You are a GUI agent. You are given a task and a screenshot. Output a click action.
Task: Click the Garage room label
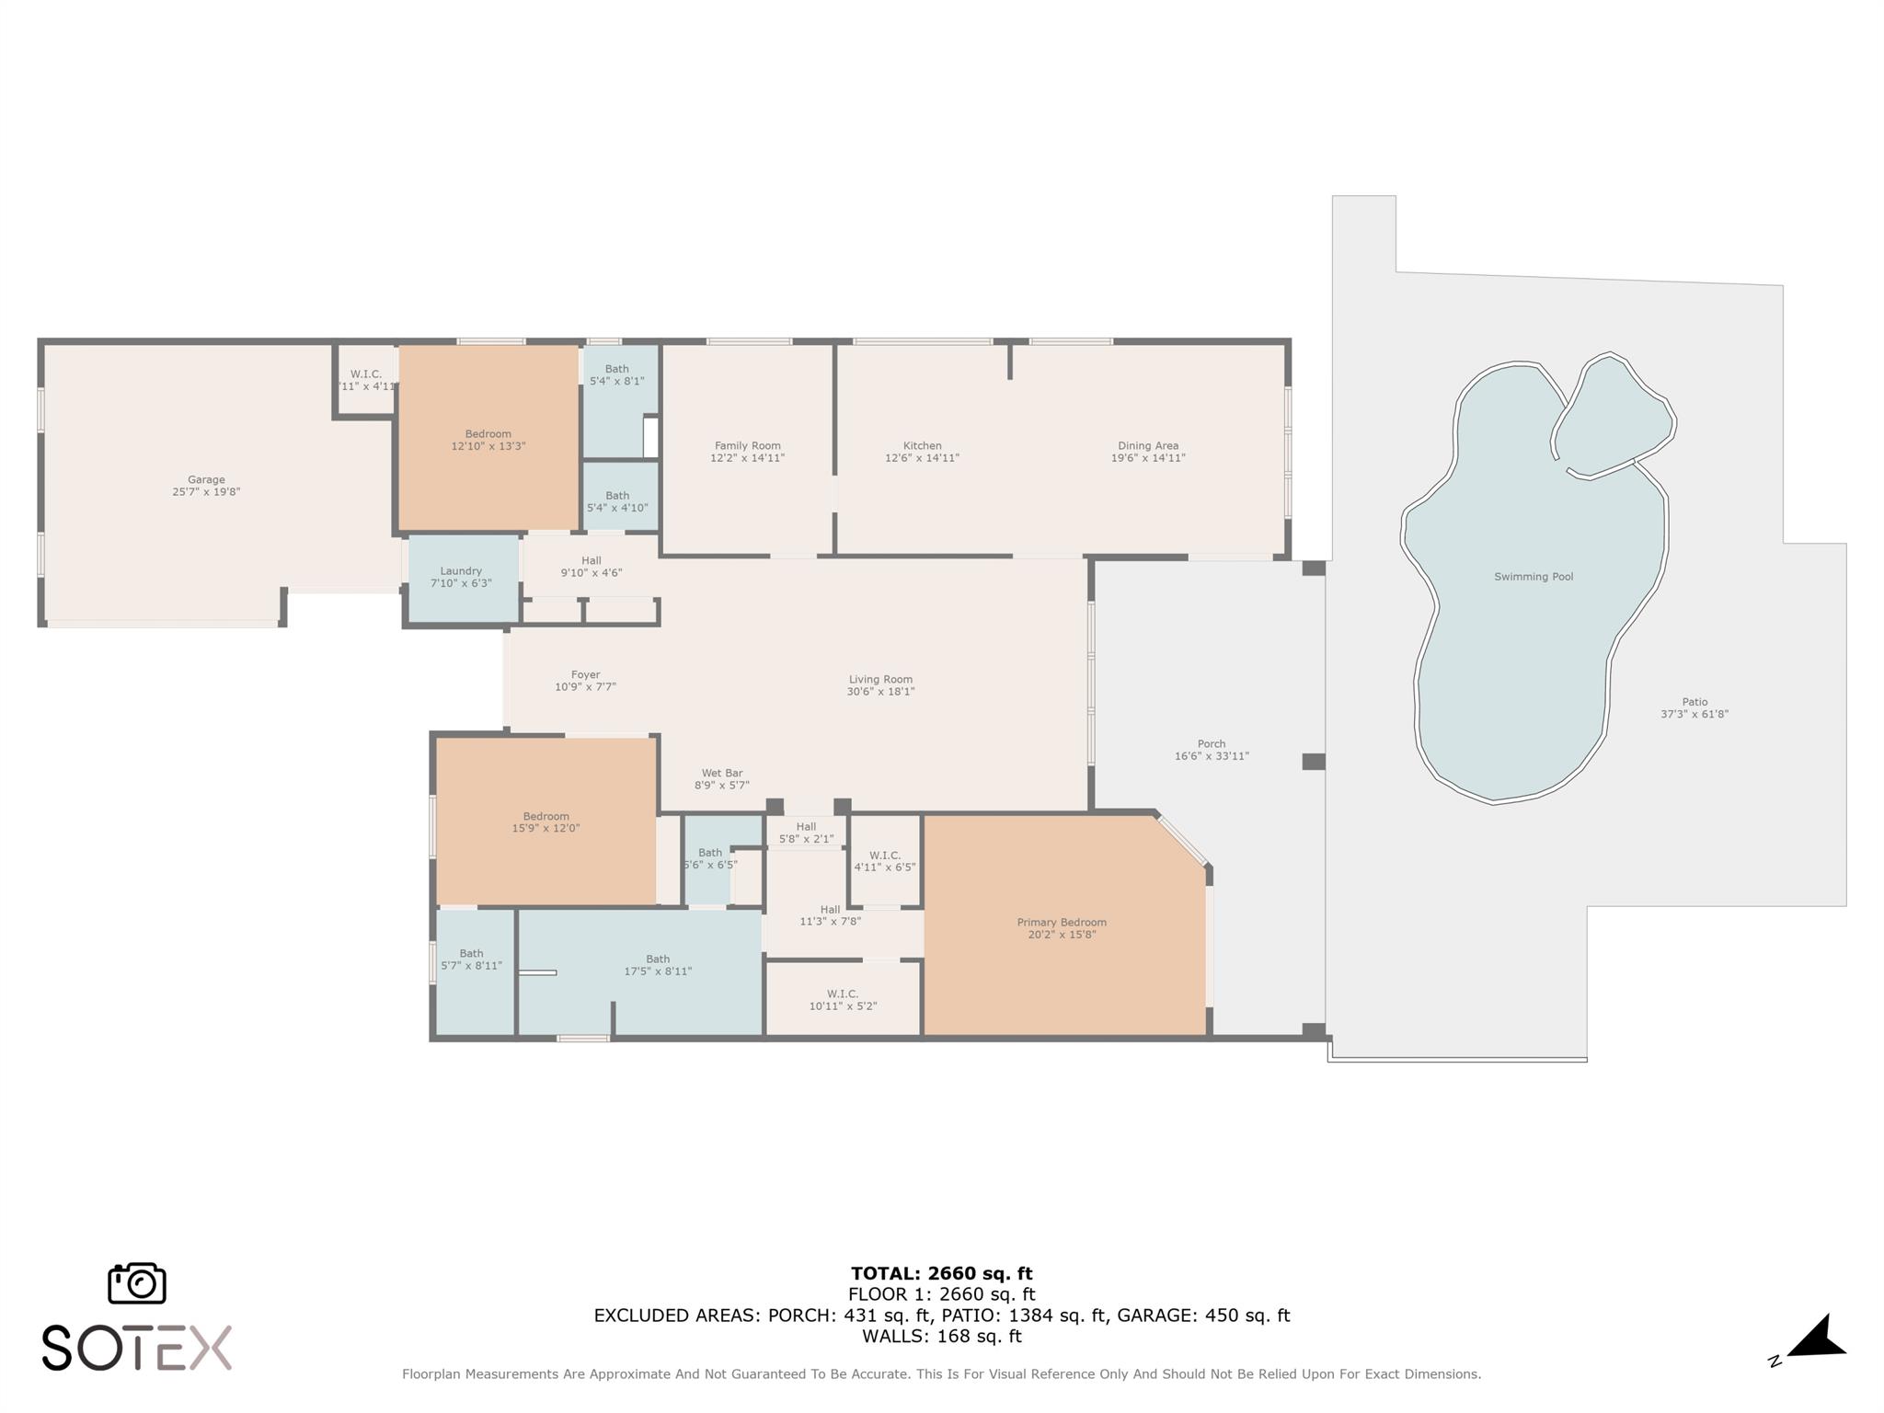206,479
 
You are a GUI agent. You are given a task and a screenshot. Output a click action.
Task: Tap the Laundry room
463,578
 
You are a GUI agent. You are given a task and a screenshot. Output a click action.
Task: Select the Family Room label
747,445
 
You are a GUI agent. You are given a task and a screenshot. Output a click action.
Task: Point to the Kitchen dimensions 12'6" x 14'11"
922,458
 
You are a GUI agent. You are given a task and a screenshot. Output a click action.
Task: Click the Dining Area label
1147,445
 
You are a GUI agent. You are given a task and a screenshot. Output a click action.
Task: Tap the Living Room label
880,679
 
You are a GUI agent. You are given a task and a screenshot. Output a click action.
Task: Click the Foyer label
585,674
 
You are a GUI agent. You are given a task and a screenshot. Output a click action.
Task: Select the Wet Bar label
721,773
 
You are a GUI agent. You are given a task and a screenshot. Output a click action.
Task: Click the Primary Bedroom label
1062,922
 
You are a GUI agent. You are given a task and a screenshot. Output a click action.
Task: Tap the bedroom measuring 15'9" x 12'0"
546,821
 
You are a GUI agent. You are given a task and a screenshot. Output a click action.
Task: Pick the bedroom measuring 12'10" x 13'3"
488,440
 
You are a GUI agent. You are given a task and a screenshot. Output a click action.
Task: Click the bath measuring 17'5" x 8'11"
657,965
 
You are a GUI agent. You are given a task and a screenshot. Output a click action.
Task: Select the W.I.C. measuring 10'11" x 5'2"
842,1000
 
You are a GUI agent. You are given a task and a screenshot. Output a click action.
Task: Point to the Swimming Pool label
1533,577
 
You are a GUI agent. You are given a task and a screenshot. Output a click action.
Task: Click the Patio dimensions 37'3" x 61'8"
1694,714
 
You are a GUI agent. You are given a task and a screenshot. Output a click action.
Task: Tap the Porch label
1211,743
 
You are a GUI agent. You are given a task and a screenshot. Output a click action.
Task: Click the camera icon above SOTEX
137,1282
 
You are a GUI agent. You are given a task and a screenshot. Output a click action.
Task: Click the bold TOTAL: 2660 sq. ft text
941,1273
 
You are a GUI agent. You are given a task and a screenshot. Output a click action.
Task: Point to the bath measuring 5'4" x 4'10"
617,501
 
